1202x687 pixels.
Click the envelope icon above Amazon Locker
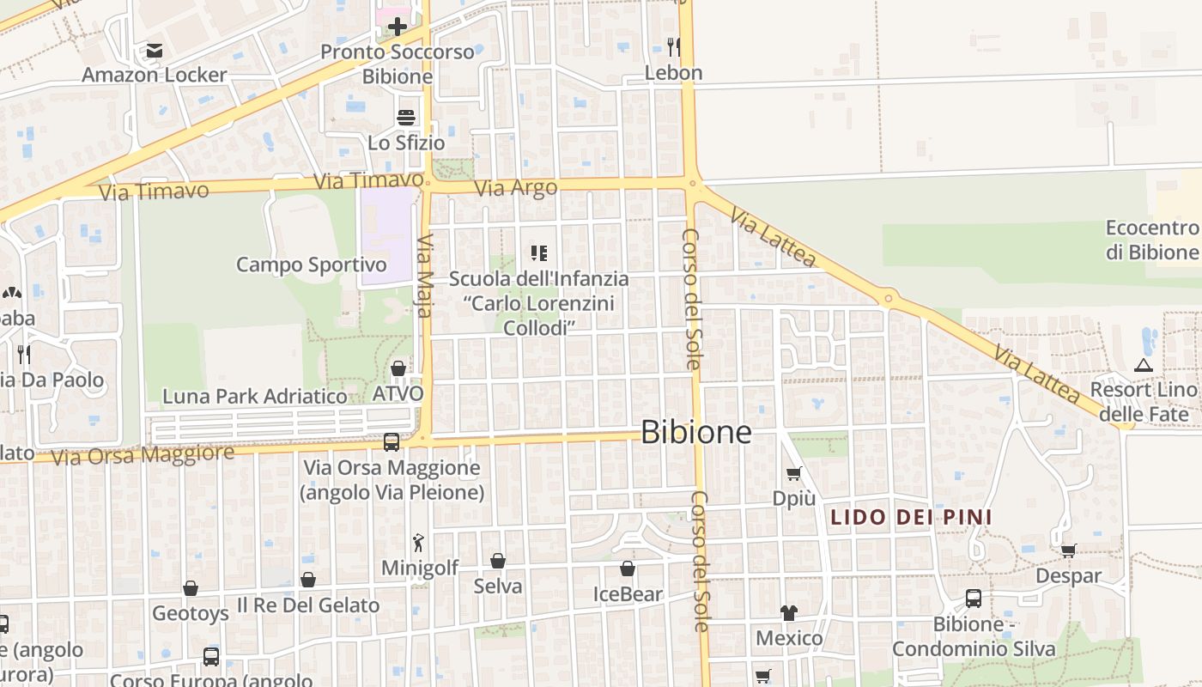coord(155,51)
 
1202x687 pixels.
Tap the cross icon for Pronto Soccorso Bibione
coord(397,27)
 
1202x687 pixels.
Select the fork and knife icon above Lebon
coord(674,46)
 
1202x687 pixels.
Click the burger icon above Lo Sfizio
coord(406,118)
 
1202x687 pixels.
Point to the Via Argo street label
coord(516,187)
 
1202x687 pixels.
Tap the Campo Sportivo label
coord(311,264)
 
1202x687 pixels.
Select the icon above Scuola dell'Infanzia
coord(539,253)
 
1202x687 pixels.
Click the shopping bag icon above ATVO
coord(398,369)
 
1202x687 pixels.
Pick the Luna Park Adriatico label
coord(255,396)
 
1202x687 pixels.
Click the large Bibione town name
coord(696,432)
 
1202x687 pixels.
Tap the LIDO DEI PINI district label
coord(911,517)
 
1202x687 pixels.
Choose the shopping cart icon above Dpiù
coord(794,473)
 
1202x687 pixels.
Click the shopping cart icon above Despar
coord(1068,550)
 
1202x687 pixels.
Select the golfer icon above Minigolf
coord(419,543)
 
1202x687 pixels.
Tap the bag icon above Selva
coord(498,561)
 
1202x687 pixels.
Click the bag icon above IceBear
coord(628,568)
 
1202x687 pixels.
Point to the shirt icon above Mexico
coord(789,613)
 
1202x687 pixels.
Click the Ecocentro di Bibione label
coord(1151,240)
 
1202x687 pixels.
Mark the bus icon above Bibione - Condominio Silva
coord(974,599)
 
